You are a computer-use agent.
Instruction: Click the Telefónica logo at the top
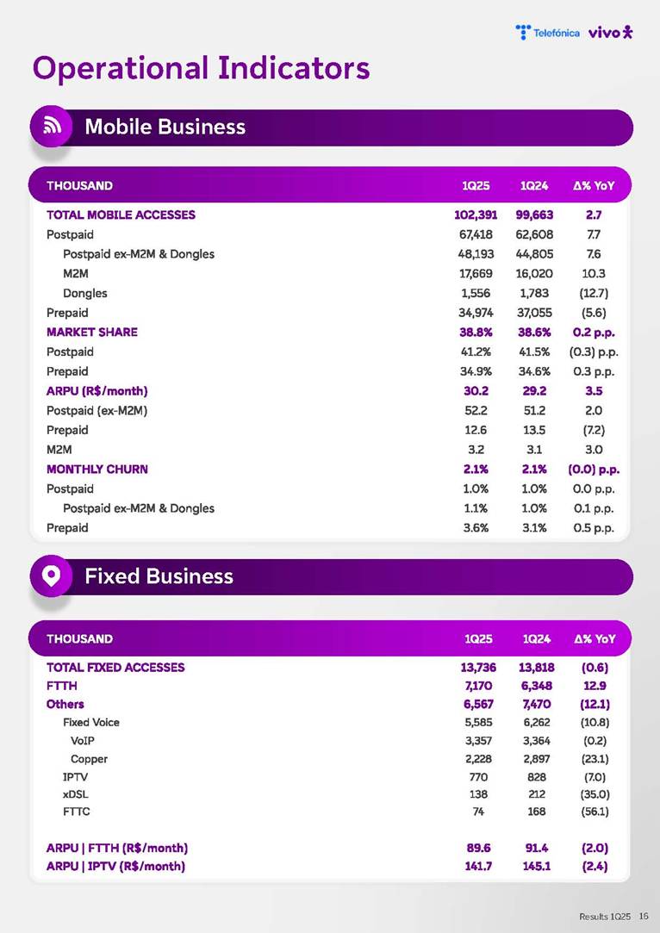pos(547,33)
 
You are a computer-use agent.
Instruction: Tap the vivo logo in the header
pos(610,33)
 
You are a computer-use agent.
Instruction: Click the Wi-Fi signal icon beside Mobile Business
pos(51,127)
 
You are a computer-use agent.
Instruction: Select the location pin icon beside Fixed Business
pos(51,576)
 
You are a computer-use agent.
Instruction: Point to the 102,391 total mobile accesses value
pos(464,215)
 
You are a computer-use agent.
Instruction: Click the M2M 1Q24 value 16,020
pos(535,273)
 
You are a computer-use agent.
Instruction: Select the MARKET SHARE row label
pos(91,332)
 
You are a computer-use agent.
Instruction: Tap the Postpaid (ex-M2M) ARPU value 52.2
pos(476,410)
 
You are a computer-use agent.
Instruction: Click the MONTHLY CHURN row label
pos(97,469)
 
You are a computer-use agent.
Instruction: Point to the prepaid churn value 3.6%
pos(476,527)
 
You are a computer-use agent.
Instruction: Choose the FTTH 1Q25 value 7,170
pos(476,686)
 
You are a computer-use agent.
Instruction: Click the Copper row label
pos(89,759)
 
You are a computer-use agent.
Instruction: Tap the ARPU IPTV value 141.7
pos(476,866)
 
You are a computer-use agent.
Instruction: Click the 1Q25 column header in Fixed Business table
pos(478,638)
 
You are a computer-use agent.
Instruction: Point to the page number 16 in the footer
pos(643,917)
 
